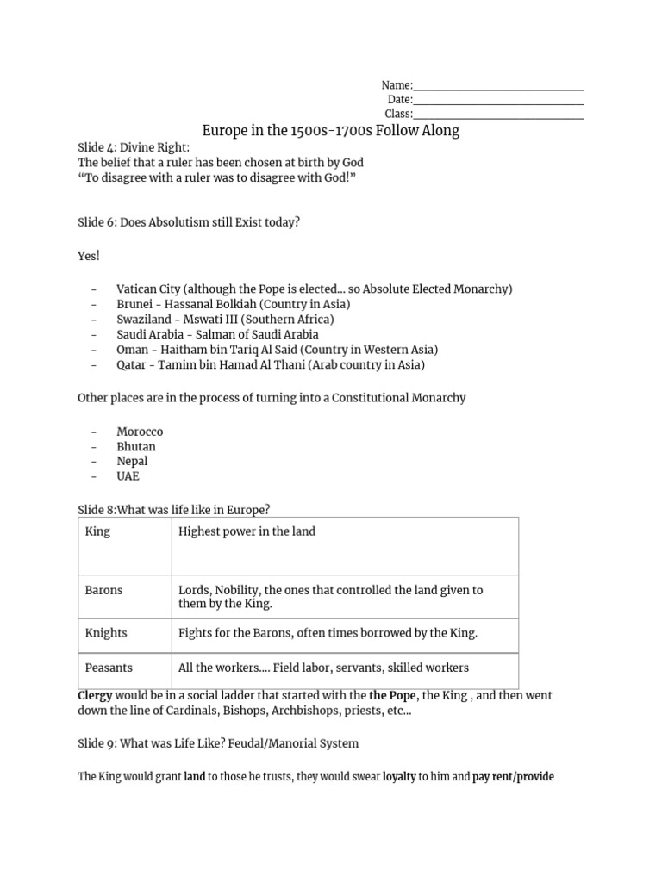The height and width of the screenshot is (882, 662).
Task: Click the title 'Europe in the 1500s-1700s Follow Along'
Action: (x=330, y=130)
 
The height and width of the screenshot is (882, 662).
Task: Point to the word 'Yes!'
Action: (x=89, y=257)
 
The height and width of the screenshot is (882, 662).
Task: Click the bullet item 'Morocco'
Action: (x=140, y=431)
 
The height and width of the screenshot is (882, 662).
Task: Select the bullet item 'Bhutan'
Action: (x=136, y=446)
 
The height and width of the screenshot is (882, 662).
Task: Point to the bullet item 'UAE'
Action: (x=128, y=476)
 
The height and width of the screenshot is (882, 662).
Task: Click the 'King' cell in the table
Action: (x=97, y=531)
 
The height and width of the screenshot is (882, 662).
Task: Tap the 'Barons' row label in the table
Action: (x=103, y=590)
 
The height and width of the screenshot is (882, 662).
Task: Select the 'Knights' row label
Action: (x=106, y=633)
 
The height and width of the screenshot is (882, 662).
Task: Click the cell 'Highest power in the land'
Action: (x=247, y=531)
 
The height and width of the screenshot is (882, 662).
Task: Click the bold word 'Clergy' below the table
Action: (x=95, y=695)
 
